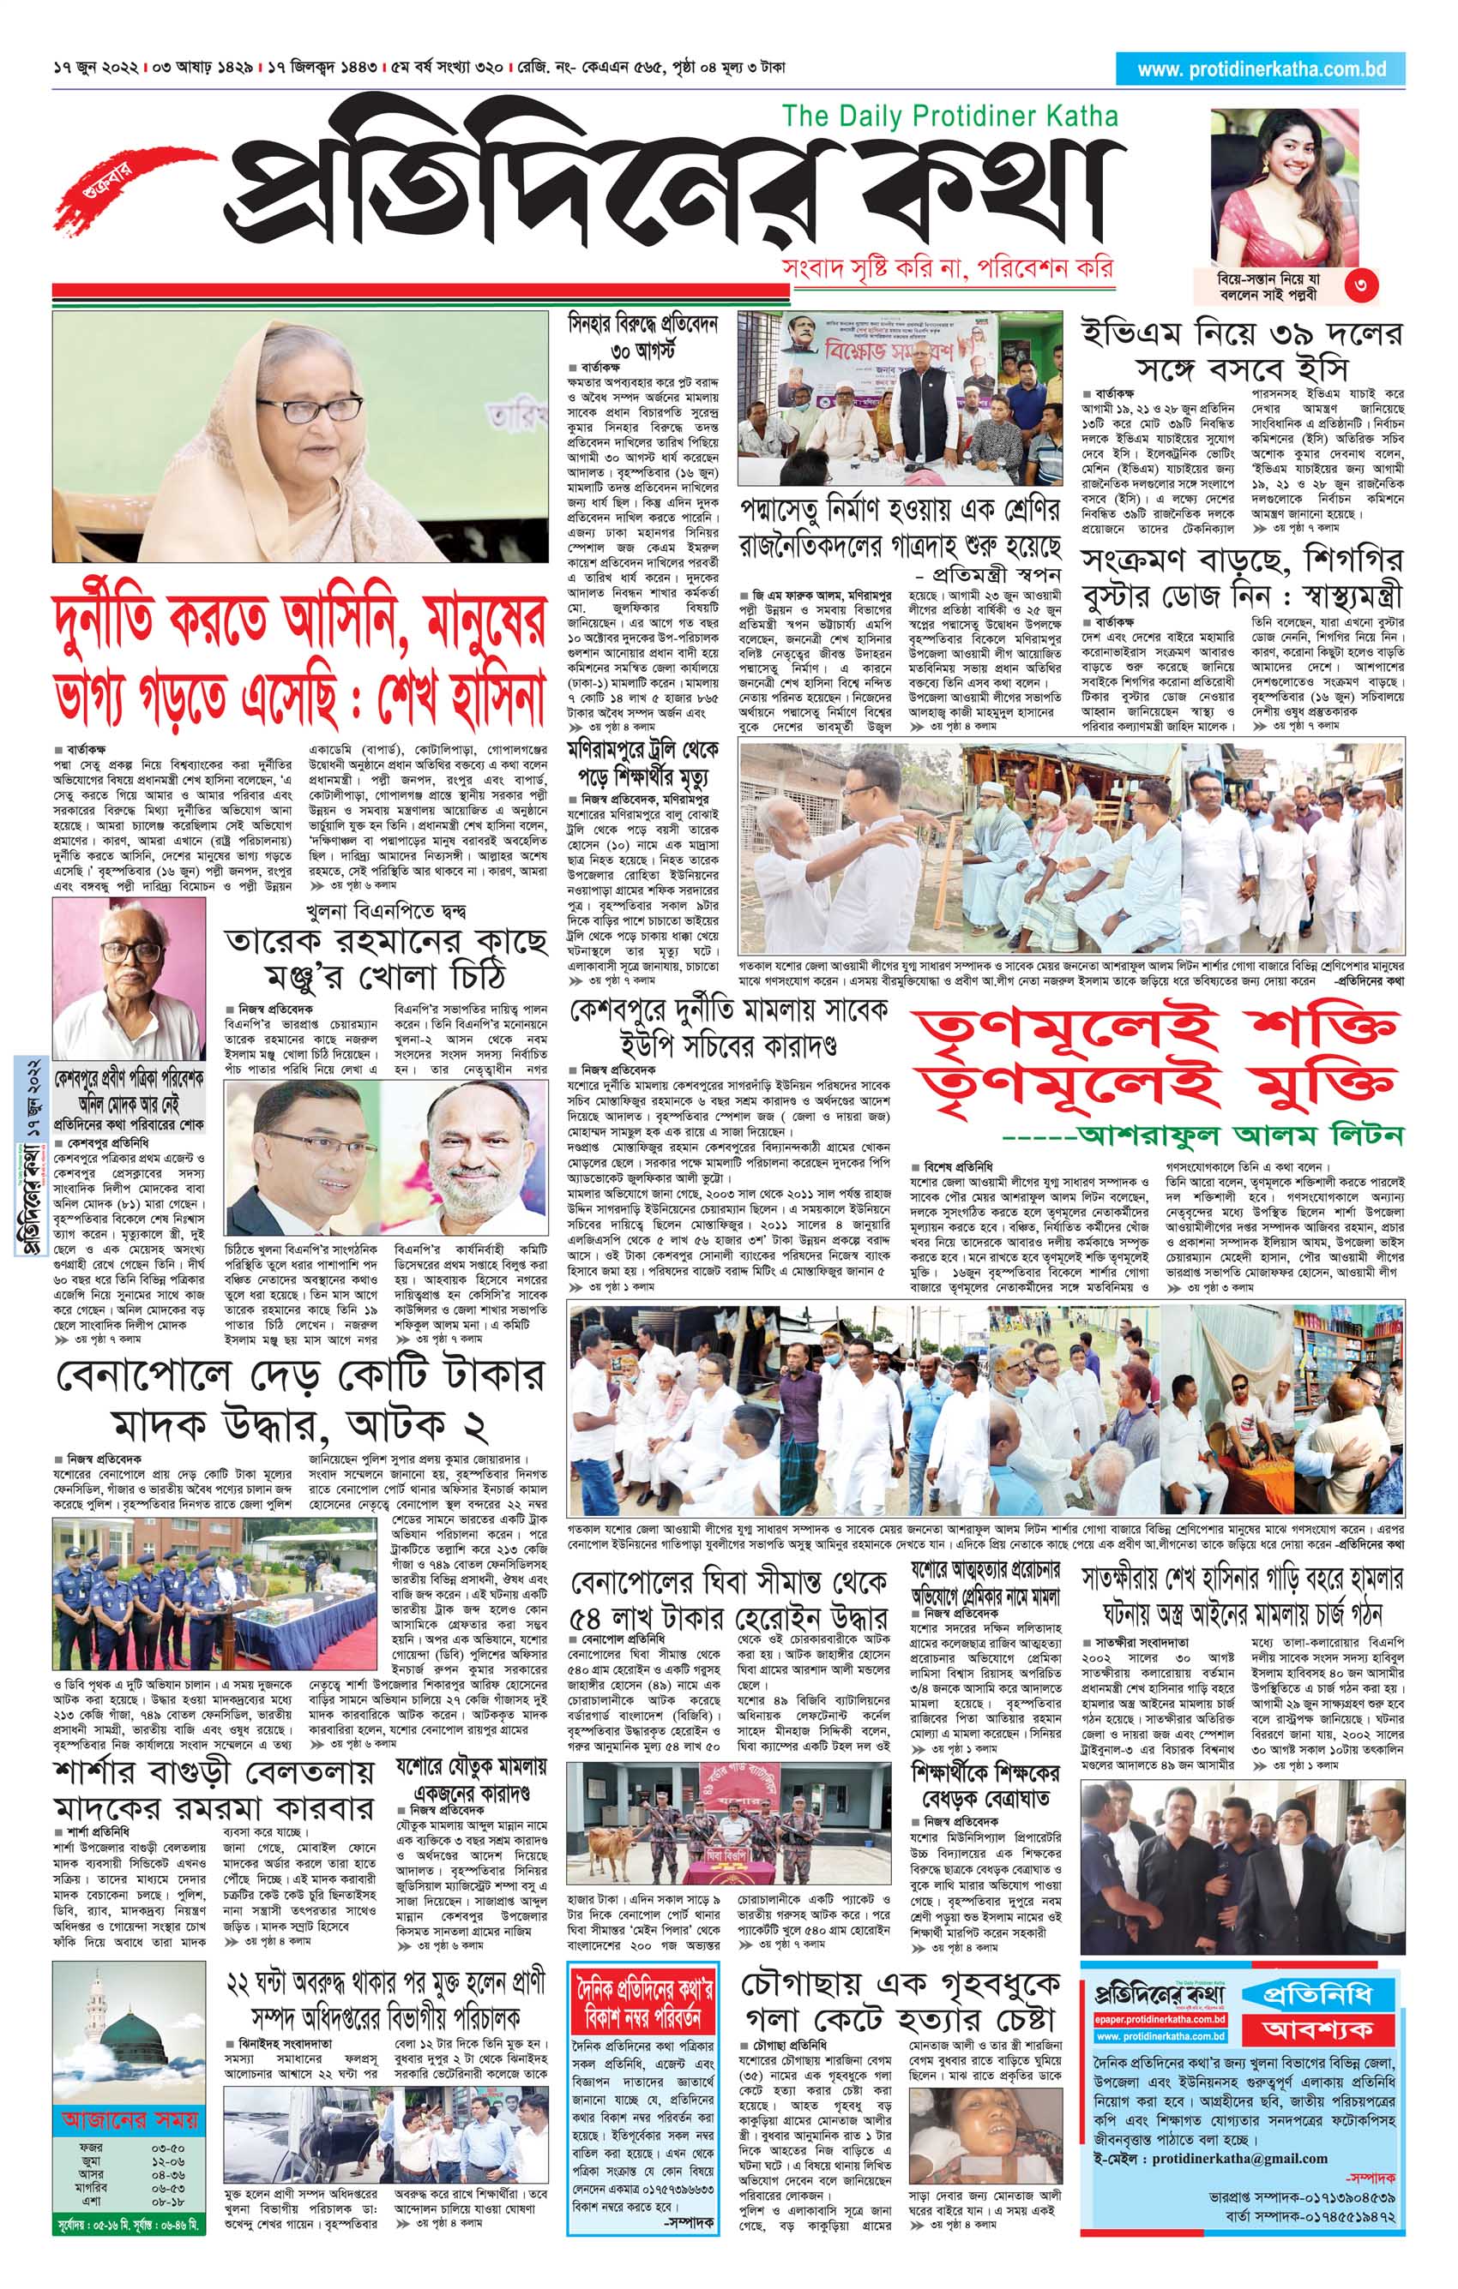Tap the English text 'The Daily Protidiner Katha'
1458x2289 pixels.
pyautogui.click(x=949, y=117)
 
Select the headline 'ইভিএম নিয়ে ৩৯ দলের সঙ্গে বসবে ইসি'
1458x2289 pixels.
pyautogui.click(x=1241, y=351)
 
